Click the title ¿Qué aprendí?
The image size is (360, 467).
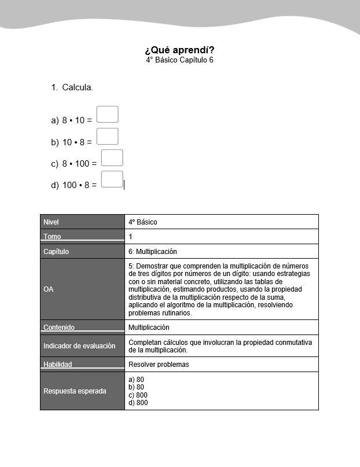[x=179, y=50]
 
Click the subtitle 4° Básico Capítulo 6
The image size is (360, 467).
[x=179, y=60]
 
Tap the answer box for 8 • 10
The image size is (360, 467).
[x=108, y=115]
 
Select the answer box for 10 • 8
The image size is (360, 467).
[x=108, y=137]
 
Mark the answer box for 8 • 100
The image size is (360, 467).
[x=112, y=158]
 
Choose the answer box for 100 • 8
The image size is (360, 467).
[x=112, y=179]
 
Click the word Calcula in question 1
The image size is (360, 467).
[x=78, y=87]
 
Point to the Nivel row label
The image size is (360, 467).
[x=51, y=222]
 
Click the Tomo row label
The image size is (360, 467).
[x=52, y=237]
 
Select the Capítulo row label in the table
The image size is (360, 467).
[x=56, y=252]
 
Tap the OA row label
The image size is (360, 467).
[x=49, y=289]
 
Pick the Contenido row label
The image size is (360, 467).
[x=59, y=328]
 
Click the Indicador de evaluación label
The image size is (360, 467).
[x=79, y=346]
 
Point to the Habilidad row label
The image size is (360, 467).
[x=58, y=365]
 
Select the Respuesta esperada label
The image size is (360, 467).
[x=75, y=391]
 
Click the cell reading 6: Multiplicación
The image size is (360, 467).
[x=153, y=252]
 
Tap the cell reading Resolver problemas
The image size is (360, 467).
[x=159, y=365]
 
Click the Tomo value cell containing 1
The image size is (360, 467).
[x=131, y=237]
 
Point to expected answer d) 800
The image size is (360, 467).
[x=138, y=403]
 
